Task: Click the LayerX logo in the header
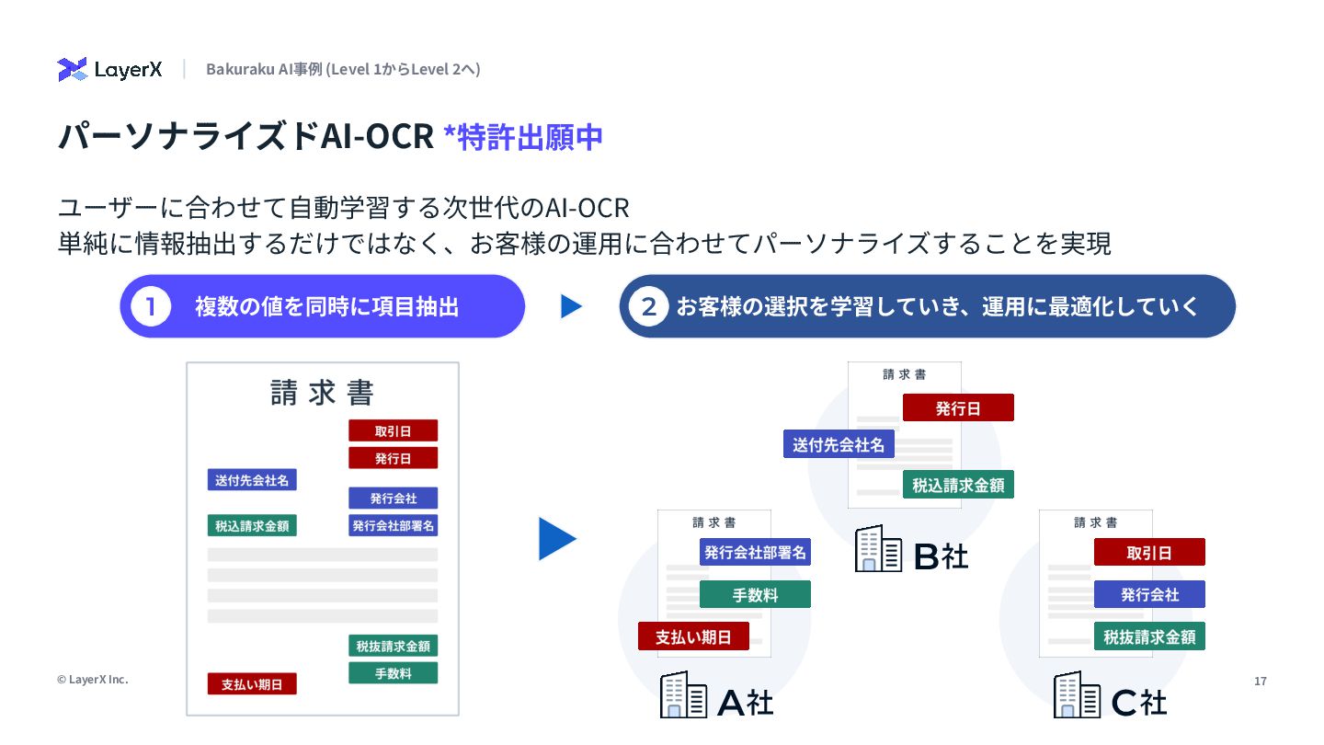coord(109,70)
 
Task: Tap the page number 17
coord(1260,681)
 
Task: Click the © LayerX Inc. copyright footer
coord(92,680)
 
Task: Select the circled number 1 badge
coord(151,306)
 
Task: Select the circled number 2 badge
coord(649,306)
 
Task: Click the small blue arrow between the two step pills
coord(571,306)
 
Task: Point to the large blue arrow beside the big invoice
coord(556,539)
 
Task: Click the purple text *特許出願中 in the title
coord(522,136)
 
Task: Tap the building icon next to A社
coord(683,694)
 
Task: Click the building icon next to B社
coord(878,548)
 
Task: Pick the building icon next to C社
coord(1077,694)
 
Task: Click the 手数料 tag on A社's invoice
coord(755,594)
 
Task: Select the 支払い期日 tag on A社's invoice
coord(693,636)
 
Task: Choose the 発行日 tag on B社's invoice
coord(958,407)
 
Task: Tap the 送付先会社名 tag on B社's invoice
coord(839,444)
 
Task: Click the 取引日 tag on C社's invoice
coord(1149,552)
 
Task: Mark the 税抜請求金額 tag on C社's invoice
coord(1149,636)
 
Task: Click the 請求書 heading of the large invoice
coord(322,393)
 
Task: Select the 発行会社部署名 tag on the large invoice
coord(393,526)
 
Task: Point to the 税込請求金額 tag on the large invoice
coord(252,526)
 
